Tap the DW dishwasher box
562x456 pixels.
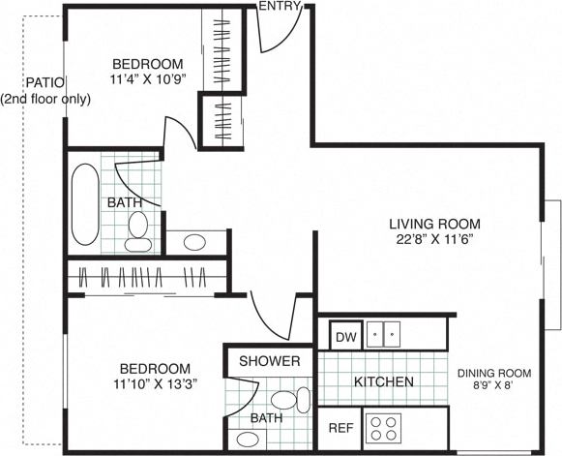[x=344, y=337]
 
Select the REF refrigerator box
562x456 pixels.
[x=340, y=427]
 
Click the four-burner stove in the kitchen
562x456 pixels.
[x=383, y=427]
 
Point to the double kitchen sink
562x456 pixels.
[x=387, y=336]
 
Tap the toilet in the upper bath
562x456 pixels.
[x=138, y=228]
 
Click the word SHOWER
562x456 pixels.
[x=270, y=361]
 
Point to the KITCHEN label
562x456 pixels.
[x=383, y=382]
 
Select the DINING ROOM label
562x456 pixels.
[x=494, y=373]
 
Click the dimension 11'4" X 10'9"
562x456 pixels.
[x=148, y=79]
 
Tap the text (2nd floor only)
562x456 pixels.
[x=45, y=99]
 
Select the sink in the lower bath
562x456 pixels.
[x=248, y=439]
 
